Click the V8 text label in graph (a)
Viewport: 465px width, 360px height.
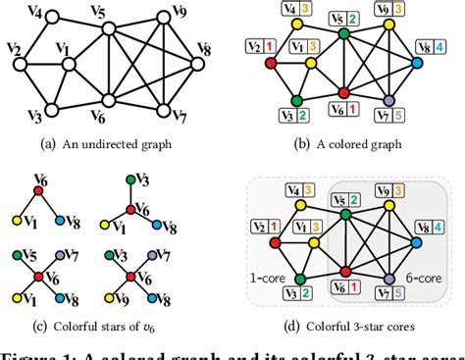(204, 48)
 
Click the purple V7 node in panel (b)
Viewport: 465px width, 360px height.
(390, 101)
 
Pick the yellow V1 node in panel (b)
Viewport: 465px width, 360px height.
(310, 62)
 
